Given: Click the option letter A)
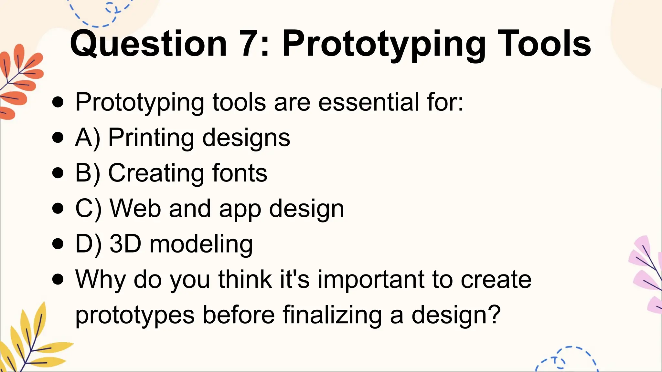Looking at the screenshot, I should [x=88, y=138].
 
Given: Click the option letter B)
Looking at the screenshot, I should [x=88, y=173].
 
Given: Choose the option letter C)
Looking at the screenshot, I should [x=88, y=209].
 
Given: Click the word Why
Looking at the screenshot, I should [x=101, y=280].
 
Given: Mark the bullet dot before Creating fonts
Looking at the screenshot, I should [x=58, y=173].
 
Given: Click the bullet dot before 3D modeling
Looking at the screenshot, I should [x=58, y=244].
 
